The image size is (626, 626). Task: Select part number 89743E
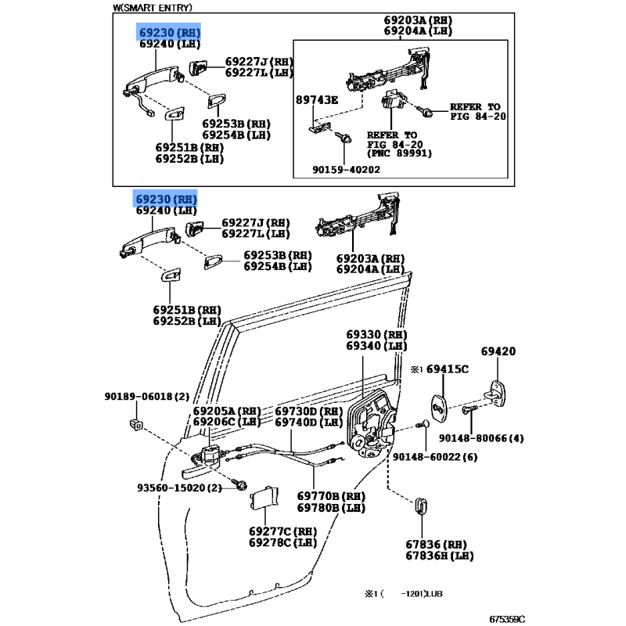(x=316, y=100)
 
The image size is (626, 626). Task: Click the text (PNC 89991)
(x=400, y=153)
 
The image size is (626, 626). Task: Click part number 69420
(x=498, y=352)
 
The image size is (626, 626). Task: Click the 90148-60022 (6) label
(x=434, y=457)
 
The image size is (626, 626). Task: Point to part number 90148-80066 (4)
(x=480, y=438)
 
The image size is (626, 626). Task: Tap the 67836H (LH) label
(x=440, y=556)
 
